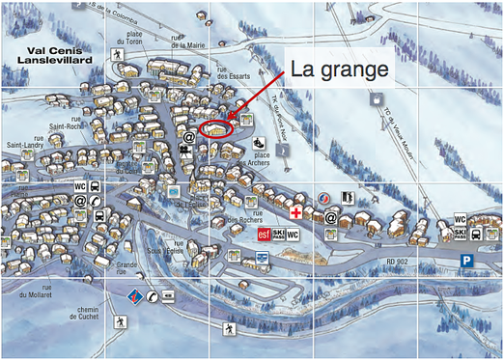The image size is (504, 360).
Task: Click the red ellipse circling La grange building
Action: point(215,126)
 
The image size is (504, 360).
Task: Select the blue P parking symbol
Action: point(467,261)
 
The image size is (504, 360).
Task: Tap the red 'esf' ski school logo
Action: point(263,235)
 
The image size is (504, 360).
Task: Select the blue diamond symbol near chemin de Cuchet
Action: point(135,294)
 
